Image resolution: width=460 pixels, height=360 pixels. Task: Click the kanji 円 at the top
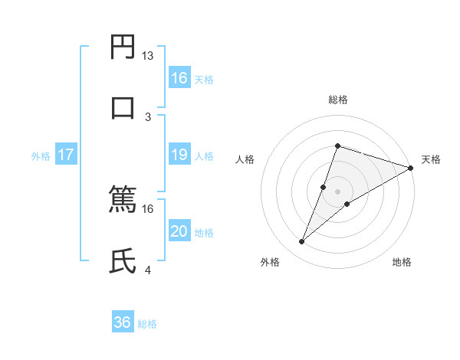(123, 47)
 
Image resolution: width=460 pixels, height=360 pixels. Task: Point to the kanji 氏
(123, 261)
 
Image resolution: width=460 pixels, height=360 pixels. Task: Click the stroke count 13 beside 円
(147, 56)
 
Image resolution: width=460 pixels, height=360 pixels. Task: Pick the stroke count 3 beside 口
(148, 116)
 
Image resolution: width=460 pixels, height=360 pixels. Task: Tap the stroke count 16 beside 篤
(147, 208)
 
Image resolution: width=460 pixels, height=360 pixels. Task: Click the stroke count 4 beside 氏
(148, 270)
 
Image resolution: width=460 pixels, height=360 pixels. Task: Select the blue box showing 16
(179, 78)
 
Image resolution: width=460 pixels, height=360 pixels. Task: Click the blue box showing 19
(179, 155)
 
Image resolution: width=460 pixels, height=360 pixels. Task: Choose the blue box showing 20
(179, 232)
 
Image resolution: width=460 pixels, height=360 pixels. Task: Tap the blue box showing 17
(66, 155)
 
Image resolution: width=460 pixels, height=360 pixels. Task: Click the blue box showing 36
(123, 323)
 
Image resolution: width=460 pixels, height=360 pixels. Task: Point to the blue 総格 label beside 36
(147, 324)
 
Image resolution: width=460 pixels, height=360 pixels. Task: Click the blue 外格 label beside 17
(41, 156)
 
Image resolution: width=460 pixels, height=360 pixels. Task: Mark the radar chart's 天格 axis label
(431, 159)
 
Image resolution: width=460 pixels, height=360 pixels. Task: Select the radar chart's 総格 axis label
(337, 100)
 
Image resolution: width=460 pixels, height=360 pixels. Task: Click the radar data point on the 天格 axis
(410, 168)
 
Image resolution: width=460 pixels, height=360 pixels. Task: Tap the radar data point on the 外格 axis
(302, 242)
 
